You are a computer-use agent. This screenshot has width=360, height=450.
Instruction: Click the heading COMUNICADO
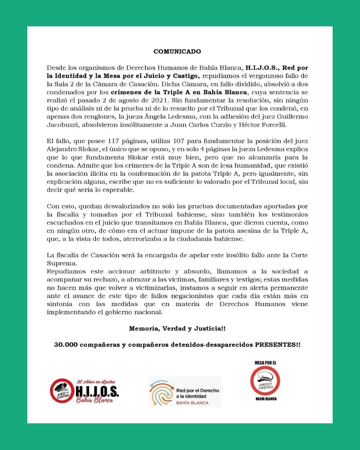click(x=177, y=52)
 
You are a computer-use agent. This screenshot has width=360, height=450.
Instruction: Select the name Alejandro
click(x=61, y=149)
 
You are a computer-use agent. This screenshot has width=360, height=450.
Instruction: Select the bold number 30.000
click(x=66, y=345)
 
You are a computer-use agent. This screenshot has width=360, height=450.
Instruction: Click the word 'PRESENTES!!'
click(x=278, y=345)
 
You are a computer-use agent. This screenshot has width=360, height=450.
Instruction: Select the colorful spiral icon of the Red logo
click(x=161, y=393)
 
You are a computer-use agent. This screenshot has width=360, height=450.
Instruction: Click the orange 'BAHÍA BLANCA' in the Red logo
click(x=192, y=403)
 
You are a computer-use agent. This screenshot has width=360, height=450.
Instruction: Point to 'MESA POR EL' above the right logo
click(x=265, y=363)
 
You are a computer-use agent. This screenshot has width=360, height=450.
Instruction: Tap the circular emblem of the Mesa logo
click(x=265, y=381)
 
